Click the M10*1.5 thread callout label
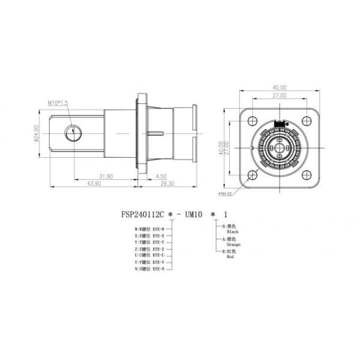58,103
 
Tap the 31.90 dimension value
107,176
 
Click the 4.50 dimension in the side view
161,176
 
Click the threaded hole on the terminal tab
73,130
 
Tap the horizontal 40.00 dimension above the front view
279,88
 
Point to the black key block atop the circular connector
279,124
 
